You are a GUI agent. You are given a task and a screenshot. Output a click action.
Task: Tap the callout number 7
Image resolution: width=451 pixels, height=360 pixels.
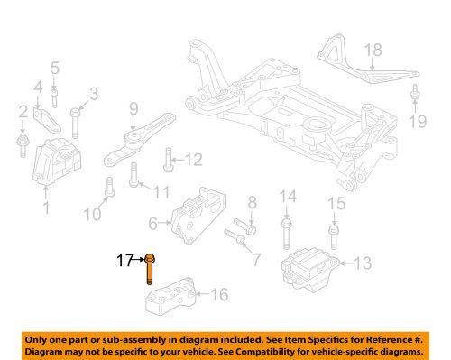coord(255,261)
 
